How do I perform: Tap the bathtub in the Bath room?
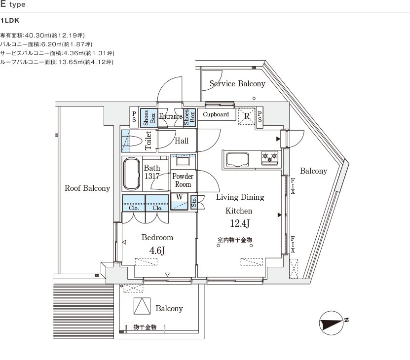[131, 174]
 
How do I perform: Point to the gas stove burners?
[269, 157]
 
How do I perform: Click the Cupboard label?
[216, 114]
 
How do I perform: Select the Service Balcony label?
[237, 84]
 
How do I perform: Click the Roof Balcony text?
[87, 188]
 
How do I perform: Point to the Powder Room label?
[183, 180]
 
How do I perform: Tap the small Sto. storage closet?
[194, 202]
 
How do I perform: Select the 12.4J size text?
[240, 224]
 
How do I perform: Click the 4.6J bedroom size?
[156, 250]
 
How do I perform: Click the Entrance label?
[171, 117]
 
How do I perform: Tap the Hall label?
[182, 141]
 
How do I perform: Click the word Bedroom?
[157, 237]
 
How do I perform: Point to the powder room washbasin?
[183, 161]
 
